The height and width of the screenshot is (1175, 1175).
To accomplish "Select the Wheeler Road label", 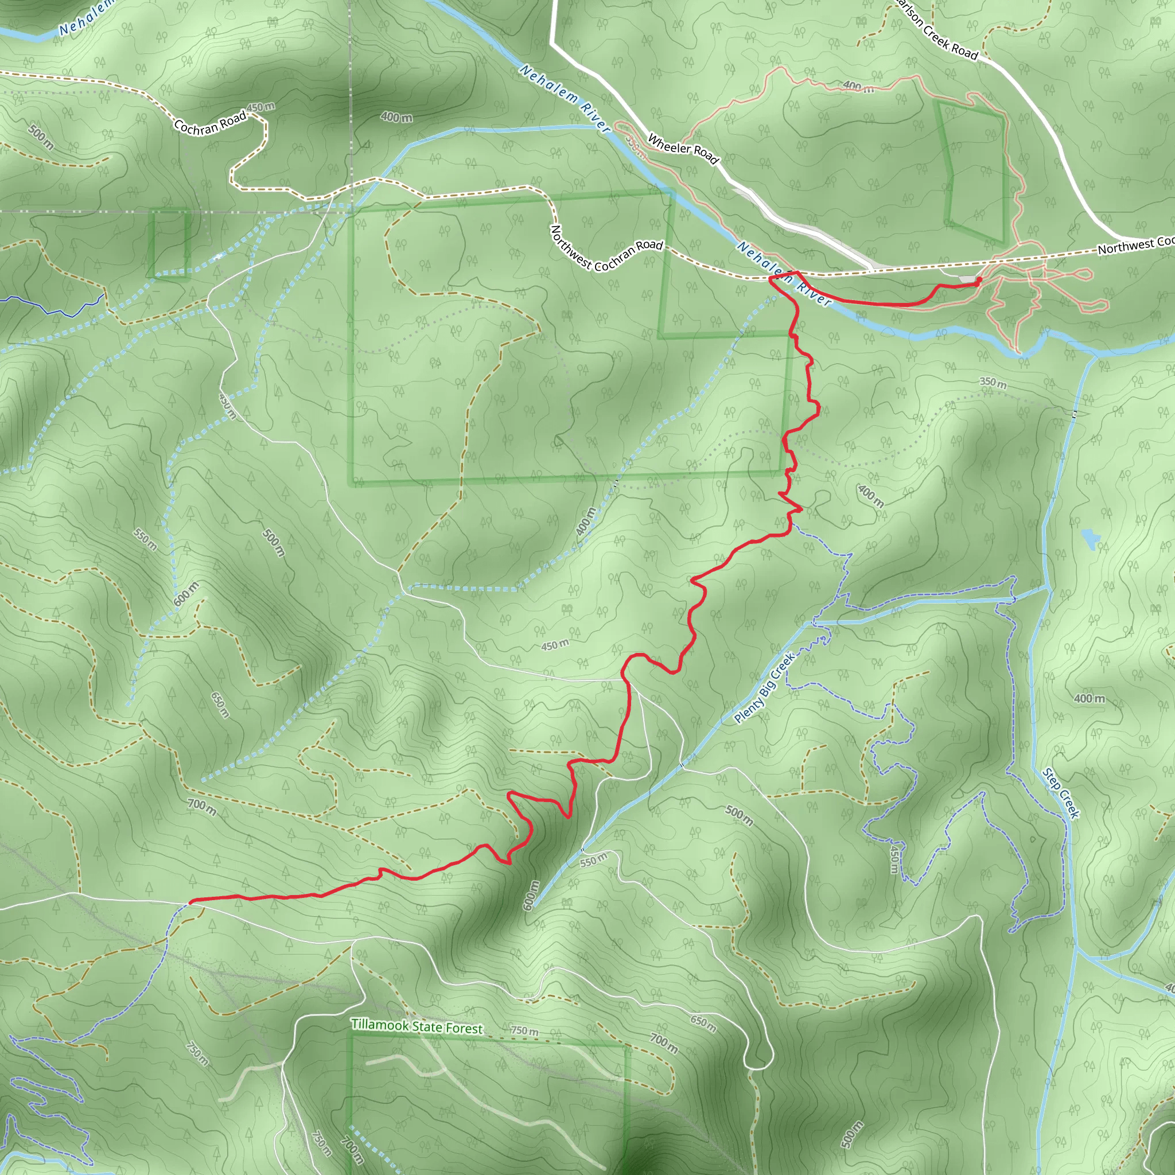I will click(x=683, y=149).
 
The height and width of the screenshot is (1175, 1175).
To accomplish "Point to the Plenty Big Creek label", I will click(x=764, y=688).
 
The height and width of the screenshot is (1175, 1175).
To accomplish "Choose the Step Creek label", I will click(x=1061, y=793).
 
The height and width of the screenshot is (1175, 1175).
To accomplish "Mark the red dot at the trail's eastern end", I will click(x=979, y=280).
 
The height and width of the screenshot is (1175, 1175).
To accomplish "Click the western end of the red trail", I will click(x=192, y=902).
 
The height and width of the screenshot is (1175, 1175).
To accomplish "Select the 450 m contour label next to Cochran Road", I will click(x=261, y=108).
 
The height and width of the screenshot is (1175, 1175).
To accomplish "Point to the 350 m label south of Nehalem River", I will click(x=993, y=383).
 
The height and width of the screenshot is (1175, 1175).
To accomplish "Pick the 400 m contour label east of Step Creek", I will click(x=1090, y=699).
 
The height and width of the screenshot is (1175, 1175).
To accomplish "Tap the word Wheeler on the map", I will click(x=669, y=143).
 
